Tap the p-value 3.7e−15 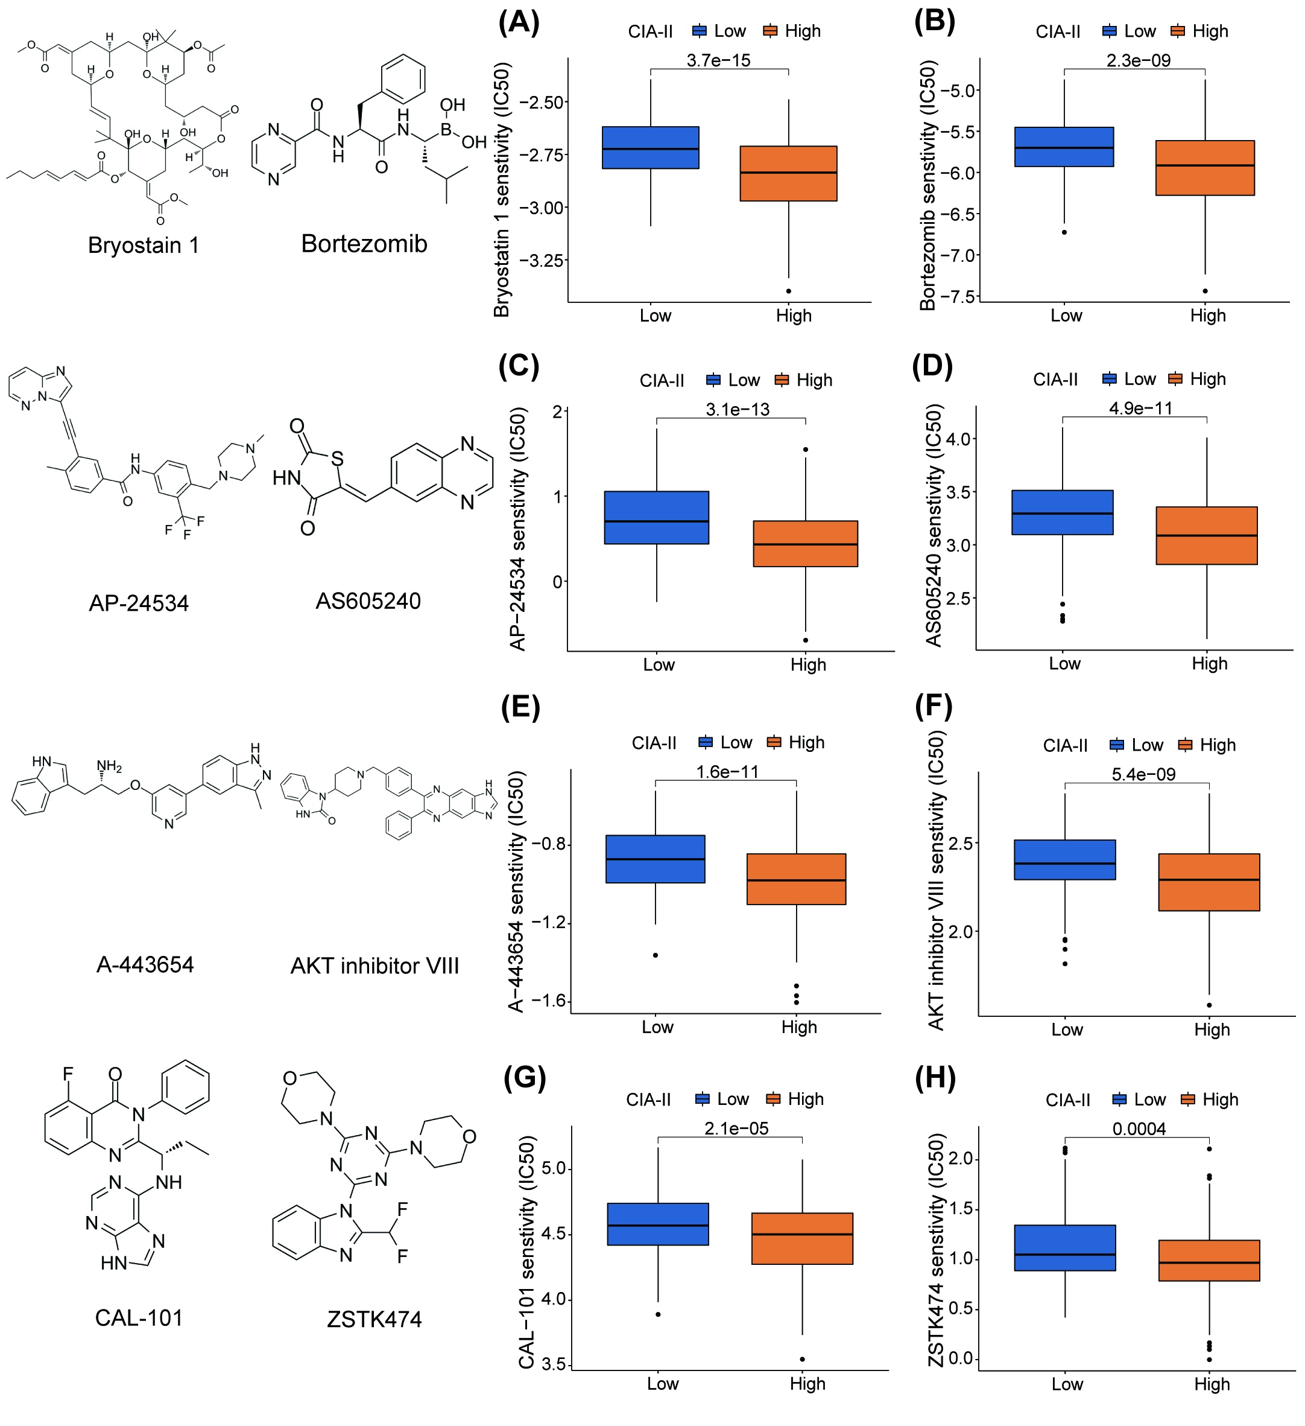point(718,60)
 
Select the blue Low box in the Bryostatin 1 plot point(650,148)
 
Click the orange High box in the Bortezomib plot point(1205,168)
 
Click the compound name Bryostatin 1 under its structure point(144,245)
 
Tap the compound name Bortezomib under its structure point(364,243)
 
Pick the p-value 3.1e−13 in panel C point(738,409)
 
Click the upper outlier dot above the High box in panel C point(805,449)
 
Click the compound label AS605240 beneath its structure point(368,601)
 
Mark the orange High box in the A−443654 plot point(796,879)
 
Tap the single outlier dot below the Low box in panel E point(656,955)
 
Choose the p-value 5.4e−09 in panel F point(1143,774)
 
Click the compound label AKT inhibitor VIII point(374,966)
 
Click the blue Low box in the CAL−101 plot point(657,1224)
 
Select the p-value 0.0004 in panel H point(1139,1128)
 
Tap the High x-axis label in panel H point(1212,1384)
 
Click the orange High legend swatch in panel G point(773,1098)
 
